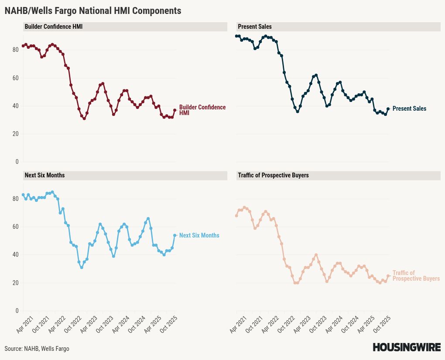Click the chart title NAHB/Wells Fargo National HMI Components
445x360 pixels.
[x=93, y=10]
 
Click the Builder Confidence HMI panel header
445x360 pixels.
[x=54, y=27]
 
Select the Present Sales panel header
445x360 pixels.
[x=255, y=27]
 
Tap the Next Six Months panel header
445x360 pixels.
[x=44, y=175]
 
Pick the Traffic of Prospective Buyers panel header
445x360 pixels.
[x=273, y=175]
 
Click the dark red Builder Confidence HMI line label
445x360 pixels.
[x=202, y=110]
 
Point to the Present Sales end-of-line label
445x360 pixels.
[x=409, y=109]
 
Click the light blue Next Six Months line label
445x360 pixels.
[x=199, y=235]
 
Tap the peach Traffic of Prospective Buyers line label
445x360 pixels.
[x=416, y=276]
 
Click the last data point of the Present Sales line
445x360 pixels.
[x=388, y=109]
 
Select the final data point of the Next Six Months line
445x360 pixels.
[x=175, y=235]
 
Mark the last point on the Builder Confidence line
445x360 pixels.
[x=175, y=110]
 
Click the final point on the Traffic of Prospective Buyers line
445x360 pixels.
[x=388, y=276]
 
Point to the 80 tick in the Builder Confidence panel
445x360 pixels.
[x=16, y=50]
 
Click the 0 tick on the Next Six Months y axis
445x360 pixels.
[x=17, y=311]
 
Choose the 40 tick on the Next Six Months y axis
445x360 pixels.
[x=16, y=255]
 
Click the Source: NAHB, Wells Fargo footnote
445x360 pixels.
[x=37, y=349]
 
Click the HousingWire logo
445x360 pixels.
[x=407, y=347]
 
